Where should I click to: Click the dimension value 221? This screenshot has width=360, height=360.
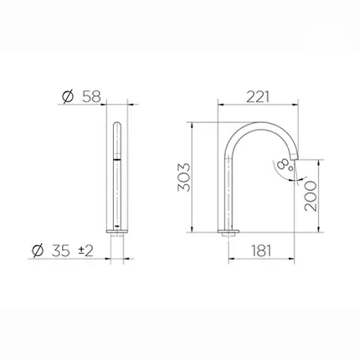(x=258, y=97)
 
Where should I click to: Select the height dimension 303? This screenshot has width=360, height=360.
(x=184, y=177)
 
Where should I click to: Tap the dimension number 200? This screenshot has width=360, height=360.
(x=311, y=196)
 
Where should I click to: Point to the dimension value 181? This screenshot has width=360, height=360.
(x=261, y=250)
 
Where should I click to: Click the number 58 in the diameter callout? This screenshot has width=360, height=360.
(x=91, y=97)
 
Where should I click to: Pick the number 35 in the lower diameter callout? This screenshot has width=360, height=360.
(x=60, y=250)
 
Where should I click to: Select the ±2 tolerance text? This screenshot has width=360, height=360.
(x=85, y=251)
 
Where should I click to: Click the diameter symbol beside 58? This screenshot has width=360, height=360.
(x=68, y=96)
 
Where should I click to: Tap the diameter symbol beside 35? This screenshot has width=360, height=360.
(x=38, y=250)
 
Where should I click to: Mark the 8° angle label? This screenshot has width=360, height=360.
(x=285, y=165)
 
